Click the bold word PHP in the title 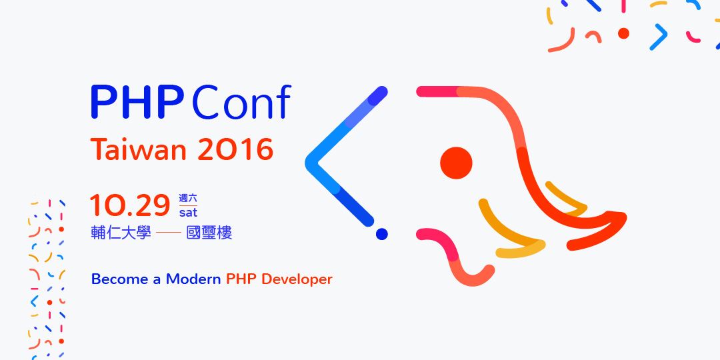pyautogui.click(x=137, y=102)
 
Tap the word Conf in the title pyautogui.click(x=241, y=101)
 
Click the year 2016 pyautogui.click(x=235, y=149)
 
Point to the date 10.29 pyautogui.click(x=130, y=205)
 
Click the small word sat pyautogui.click(x=188, y=213)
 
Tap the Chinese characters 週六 pyautogui.click(x=188, y=199)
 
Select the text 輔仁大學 pyautogui.click(x=121, y=233)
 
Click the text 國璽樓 pyautogui.click(x=209, y=233)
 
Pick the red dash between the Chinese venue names pyautogui.click(x=169, y=233)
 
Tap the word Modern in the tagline pyautogui.click(x=193, y=279)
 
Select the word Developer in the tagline pyautogui.click(x=297, y=279)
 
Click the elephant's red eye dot pyautogui.click(x=456, y=163)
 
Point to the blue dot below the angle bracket pyautogui.click(x=381, y=234)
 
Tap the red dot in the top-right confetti pyautogui.click(x=623, y=33)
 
